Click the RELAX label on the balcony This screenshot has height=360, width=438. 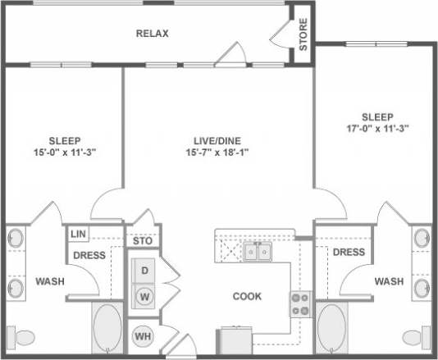click(x=152, y=34)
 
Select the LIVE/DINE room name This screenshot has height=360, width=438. click(x=216, y=140)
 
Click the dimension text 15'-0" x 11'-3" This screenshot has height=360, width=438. click(x=64, y=152)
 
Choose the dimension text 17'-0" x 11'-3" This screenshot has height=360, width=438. click(x=377, y=128)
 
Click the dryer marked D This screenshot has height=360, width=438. click(x=144, y=270)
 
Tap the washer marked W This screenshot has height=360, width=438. click(x=144, y=295)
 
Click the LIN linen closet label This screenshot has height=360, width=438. click(x=78, y=235)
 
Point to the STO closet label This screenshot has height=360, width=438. click(x=143, y=241)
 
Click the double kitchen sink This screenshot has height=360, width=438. click(x=257, y=252)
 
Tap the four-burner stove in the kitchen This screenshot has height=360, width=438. click(x=300, y=304)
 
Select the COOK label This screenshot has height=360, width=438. click(x=246, y=296)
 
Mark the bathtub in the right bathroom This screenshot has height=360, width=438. click(x=331, y=330)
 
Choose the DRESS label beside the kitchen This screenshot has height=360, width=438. click(x=349, y=252)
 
